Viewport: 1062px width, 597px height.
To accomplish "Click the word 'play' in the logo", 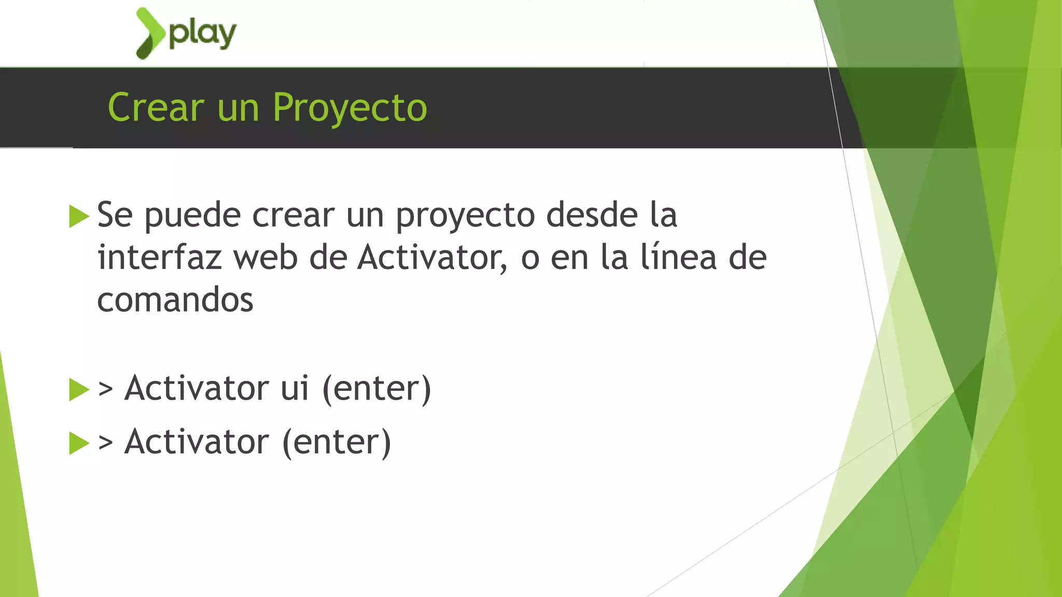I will [203, 34].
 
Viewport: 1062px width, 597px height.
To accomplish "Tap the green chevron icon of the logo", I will [150, 33].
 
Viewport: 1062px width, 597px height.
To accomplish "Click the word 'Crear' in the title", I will [156, 108].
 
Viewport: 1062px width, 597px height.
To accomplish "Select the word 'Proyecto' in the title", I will [350, 108].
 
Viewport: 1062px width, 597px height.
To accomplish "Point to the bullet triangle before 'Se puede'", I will [79, 216].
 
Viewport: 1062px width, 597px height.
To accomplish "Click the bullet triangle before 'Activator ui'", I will [79, 390].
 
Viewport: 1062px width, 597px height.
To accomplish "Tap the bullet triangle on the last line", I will [79, 443].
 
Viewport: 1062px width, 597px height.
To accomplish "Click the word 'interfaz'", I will [160, 258].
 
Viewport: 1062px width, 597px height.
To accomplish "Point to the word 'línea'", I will [679, 258].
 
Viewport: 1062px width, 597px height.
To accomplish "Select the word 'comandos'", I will [175, 300].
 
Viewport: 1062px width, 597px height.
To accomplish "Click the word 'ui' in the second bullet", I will [295, 389].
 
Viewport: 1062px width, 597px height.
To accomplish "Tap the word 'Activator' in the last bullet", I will [197, 442].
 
